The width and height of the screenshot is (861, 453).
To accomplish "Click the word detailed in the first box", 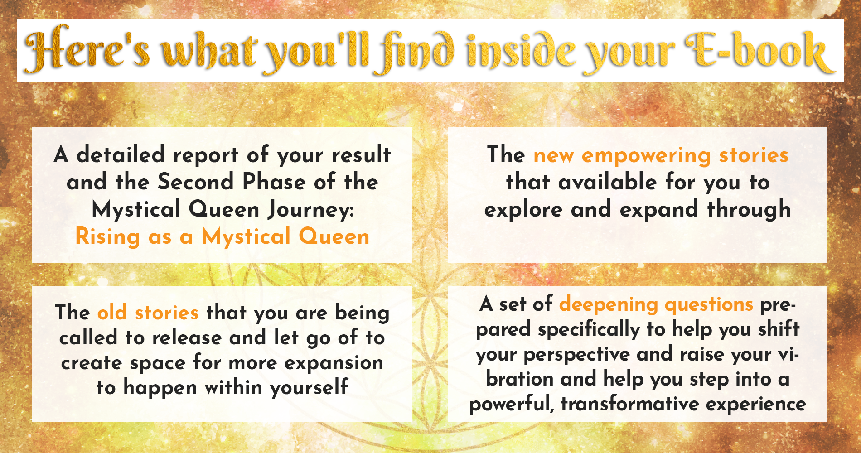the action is [121, 154].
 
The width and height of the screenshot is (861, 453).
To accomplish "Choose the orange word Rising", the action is [107, 237].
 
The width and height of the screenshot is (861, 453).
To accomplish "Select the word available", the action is [608, 182].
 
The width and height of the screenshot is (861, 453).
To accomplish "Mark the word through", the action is [749, 209].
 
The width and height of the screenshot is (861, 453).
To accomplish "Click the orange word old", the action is [112, 312].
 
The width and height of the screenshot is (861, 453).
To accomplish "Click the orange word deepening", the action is [608, 304].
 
